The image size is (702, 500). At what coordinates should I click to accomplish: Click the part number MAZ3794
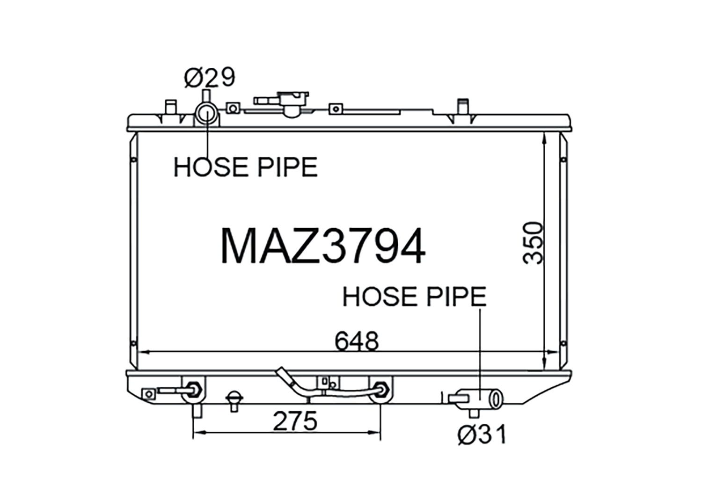tap(323, 247)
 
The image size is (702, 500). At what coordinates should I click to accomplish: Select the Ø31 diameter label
tap(482, 435)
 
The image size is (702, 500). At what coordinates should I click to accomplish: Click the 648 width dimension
tap(357, 341)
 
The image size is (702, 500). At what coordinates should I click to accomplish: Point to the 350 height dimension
tap(533, 243)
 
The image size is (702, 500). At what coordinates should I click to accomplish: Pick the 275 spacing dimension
tap(295, 421)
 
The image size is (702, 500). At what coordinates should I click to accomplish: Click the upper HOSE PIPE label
tap(246, 167)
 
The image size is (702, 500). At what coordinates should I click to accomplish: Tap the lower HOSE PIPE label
tap(415, 297)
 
